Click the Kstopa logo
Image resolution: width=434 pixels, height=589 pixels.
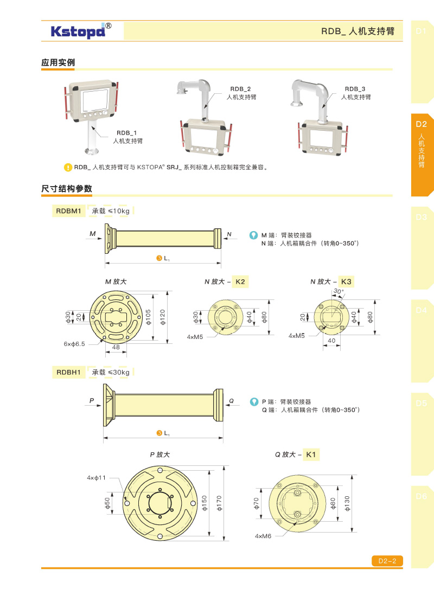tap(81, 31)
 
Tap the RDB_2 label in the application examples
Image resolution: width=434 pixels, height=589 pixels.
tap(240, 89)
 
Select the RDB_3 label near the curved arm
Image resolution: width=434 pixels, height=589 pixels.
tap(355, 89)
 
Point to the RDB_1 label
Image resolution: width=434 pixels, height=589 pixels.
tap(126, 133)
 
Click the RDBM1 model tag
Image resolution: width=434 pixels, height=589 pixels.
tap(68, 211)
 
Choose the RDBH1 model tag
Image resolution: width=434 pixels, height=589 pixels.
tap(68, 372)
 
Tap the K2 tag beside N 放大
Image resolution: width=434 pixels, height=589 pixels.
tap(240, 281)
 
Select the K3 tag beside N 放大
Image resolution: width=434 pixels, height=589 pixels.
tap(346, 281)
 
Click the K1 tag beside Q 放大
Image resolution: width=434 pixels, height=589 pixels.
tap(311, 454)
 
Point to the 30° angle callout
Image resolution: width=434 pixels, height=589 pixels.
tap(338, 291)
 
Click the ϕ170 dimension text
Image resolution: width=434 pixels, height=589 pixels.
tap(219, 503)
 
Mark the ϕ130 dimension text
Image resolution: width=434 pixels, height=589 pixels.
tap(347, 503)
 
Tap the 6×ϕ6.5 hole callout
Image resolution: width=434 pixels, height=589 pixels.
tap(74, 344)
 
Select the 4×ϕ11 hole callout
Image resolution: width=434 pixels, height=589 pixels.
tap(96, 478)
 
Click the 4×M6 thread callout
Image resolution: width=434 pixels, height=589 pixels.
tap(263, 536)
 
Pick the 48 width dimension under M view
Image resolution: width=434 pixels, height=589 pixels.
tap(116, 348)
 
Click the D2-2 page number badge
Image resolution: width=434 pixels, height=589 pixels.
tap(387, 561)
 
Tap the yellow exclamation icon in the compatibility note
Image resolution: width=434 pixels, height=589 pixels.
tap(68, 168)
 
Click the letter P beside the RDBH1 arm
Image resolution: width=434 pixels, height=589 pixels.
tap(91, 401)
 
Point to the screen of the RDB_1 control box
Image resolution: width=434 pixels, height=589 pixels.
tap(95, 100)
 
